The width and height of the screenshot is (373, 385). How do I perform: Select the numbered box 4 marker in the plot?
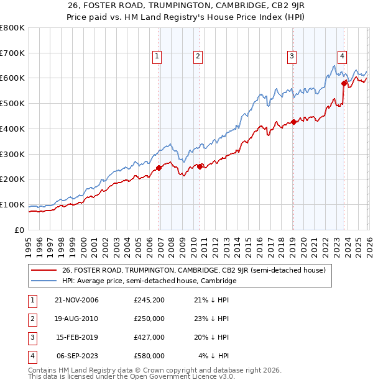(x=342, y=55)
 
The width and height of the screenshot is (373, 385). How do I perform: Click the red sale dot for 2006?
(x=159, y=168)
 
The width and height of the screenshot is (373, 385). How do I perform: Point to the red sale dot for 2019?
(x=293, y=122)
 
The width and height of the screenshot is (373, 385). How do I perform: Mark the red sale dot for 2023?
(x=344, y=83)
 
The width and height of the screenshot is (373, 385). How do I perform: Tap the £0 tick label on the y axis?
(x=19, y=230)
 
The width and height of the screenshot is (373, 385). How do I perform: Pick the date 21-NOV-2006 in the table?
(x=77, y=301)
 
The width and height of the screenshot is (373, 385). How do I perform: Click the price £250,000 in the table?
(x=149, y=319)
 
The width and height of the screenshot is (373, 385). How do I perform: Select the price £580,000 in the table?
(x=149, y=356)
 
